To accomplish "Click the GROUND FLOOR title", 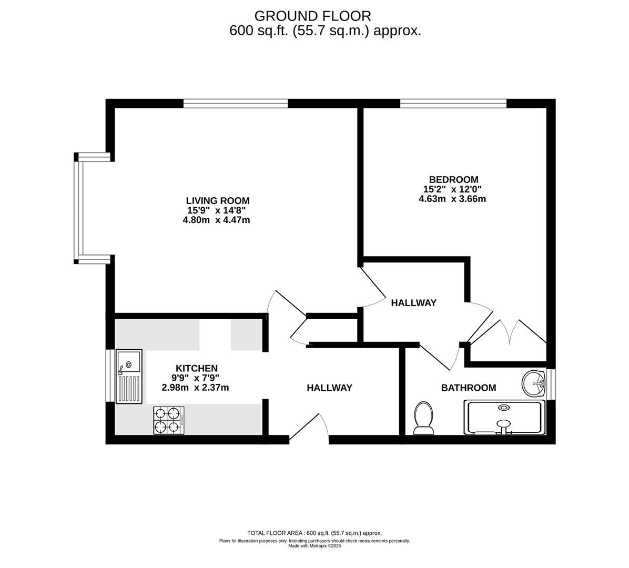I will point(312,16).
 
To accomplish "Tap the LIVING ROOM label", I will point(218,201).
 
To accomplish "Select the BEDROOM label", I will point(453,180).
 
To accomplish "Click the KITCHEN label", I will point(196,368).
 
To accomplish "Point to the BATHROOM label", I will point(468,388).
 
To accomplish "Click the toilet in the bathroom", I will point(423,418).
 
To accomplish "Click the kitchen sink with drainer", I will point(129,376).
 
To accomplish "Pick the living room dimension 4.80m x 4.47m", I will point(216,220).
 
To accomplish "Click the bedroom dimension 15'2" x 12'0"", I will point(452,189).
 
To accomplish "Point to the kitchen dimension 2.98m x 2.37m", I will point(195,388).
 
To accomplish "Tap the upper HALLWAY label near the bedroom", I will point(413,303).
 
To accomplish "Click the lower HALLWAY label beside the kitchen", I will point(329,388).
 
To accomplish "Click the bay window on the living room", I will point(80,208).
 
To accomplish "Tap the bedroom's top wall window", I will point(453,103).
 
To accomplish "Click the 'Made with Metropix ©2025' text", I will point(314,546).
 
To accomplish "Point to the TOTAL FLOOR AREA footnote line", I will point(314,533).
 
